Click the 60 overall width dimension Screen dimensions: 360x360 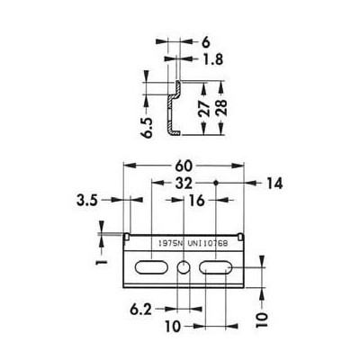click(184, 166)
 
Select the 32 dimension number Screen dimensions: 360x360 click(184, 183)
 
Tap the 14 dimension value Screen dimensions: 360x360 click(274, 184)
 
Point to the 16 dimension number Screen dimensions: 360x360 click(197, 200)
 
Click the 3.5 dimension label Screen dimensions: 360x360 click(87, 200)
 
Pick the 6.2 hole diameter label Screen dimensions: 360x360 click(140, 310)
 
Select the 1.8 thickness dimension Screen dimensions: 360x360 click(212, 59)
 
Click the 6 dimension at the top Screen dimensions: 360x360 click(206, 42)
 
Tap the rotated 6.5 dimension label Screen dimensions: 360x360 click(148, 128)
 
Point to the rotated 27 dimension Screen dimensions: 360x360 click(204, 109)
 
